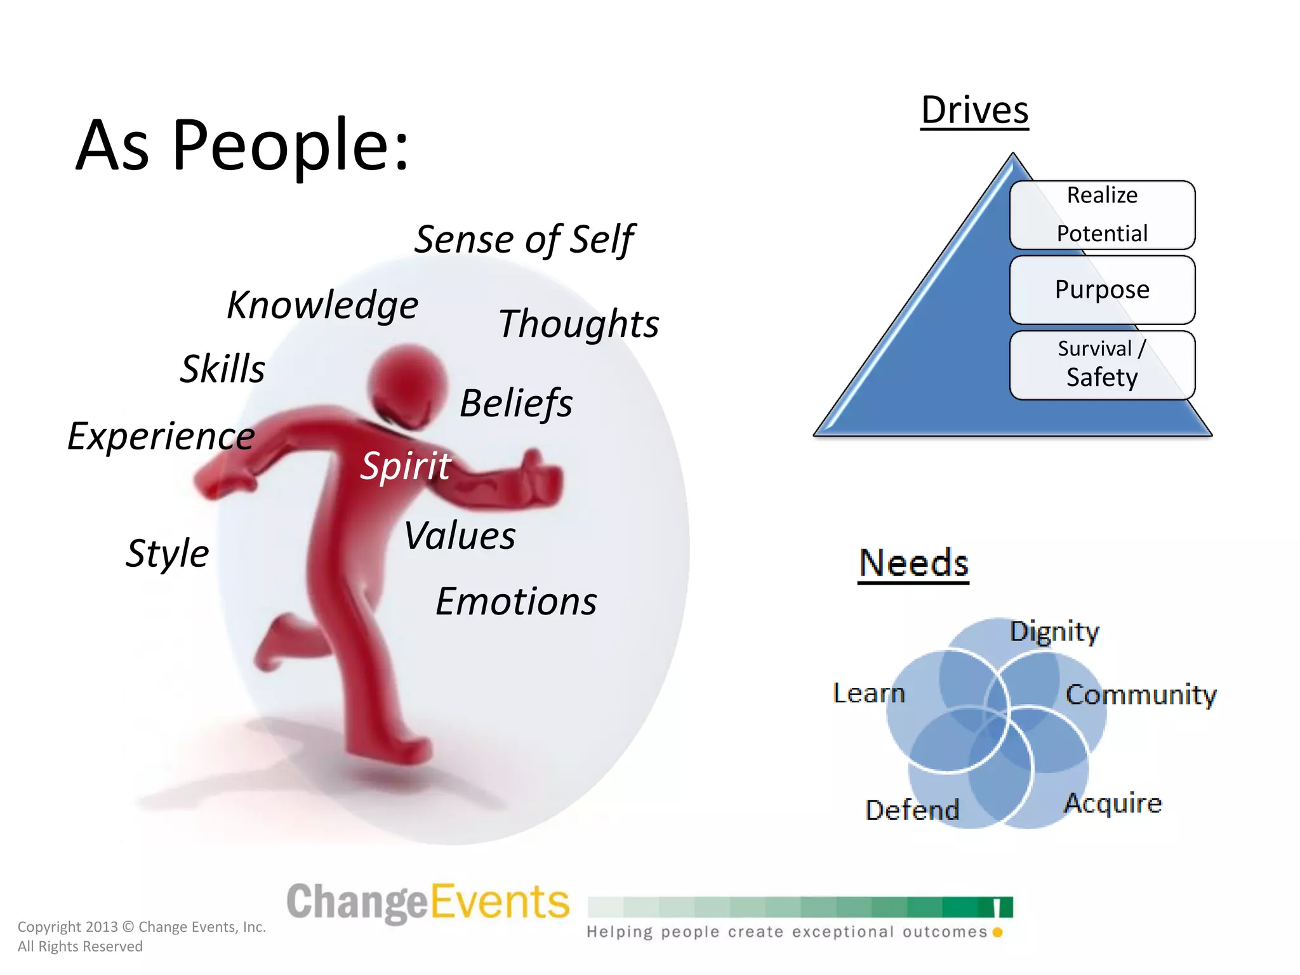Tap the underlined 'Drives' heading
[974, 110]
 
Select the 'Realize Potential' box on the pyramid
[1102, 215]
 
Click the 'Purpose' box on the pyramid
[1102, 289]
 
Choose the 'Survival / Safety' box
[1102, 364]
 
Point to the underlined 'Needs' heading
[913, 563]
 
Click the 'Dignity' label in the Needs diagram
[1054, 632]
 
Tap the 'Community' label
[1141, 694]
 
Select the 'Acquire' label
[1113, 803]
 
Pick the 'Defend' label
[912, 810]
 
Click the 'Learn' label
[868, 693]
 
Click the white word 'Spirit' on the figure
[406, 466]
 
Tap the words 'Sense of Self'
[524, 240]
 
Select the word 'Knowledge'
[322, 305]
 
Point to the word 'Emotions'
[516, 601]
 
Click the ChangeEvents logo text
[428, 902]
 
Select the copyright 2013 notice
[142, 936]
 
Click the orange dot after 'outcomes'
[997, 932]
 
